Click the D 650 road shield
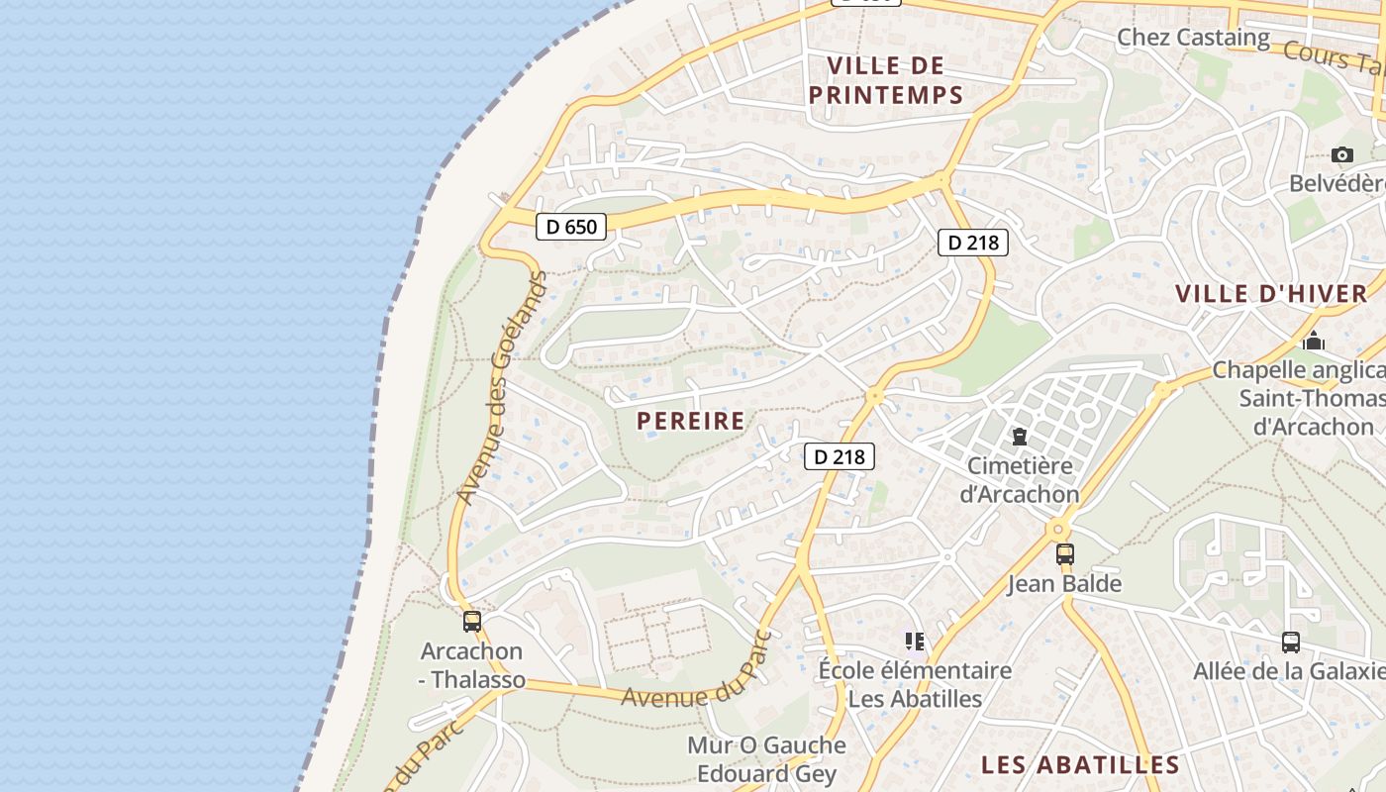pos(571,227)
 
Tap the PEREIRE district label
pos(690,421)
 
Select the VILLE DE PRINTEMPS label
pos(885,80)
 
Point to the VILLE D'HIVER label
pos(1271,293)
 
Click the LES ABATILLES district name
pos(1080,764)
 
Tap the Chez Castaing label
pos(1193,38)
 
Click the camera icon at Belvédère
pos(1341,154)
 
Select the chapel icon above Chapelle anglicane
pos(1314,341)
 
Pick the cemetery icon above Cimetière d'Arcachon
pos(1019,436)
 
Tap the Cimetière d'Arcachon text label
pos(1020,479)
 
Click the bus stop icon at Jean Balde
pos(1064,554)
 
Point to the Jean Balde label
pos(1064,583)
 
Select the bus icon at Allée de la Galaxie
pos(1290,642)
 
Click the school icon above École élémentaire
pos(914,642)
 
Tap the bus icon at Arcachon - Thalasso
pos(472,622)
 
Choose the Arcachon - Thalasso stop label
pos(472,665)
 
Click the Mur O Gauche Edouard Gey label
pos(766,759)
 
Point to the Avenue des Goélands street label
pos(503,386)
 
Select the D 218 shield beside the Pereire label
pos(839,456)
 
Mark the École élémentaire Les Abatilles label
pos(915,684)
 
